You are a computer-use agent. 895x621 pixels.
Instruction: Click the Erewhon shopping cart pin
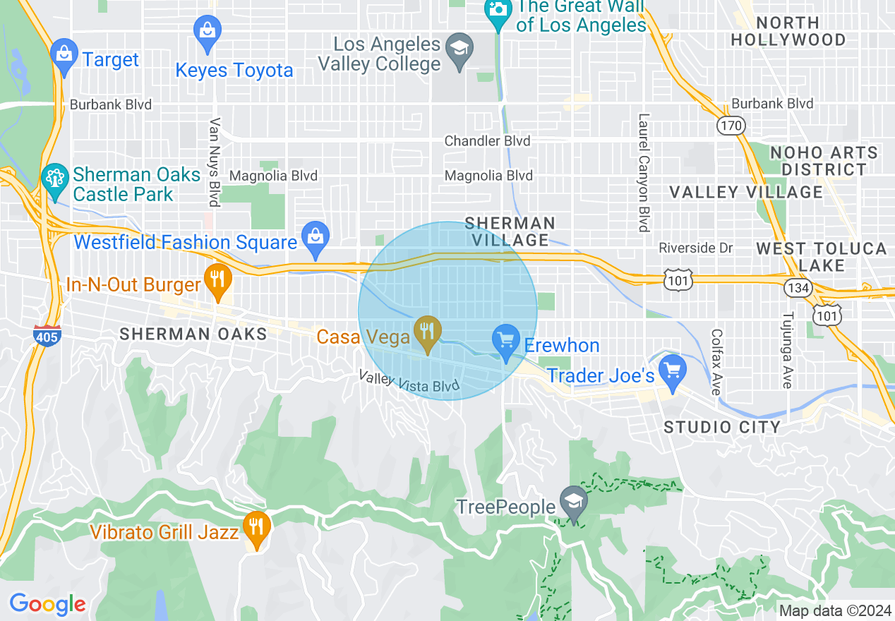pyautogui.click(x=505, y=342)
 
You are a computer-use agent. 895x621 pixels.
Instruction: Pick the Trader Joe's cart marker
pyautogui.click(x=672, y=371)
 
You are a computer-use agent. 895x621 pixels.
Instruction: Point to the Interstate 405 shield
pyautogui.click(x=47, y=336)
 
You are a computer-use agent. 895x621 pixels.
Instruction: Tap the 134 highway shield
pyautogui.click(x=796, y=287)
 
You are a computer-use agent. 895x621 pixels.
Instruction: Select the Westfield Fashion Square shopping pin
pyautogui.click(x=316, y=237)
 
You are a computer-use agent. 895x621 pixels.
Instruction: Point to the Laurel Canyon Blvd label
pyautogui.click(x=643, y=173)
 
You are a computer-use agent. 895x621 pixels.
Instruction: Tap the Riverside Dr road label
pyautogui.click(x=695, y=248)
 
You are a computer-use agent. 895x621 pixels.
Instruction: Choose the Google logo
pyautogui.click(x=47, y=604)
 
